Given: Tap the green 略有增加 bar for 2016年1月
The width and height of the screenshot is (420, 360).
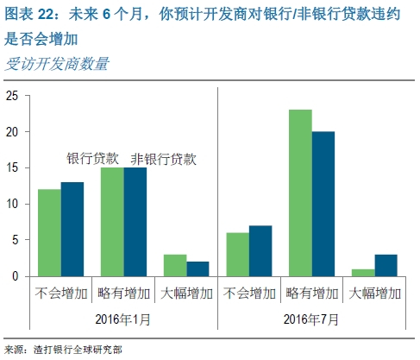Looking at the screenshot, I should pyautogui.click(x=112, y=222).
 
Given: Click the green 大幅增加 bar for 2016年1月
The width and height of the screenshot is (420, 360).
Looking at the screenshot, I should pyautogui.click(x=175, y=265).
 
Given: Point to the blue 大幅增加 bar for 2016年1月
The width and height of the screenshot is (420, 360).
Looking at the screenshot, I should pyautogui.click(x=198, y=268).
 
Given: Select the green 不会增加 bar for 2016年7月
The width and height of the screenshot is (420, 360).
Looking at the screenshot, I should pyautogui.click(x=237, y=255).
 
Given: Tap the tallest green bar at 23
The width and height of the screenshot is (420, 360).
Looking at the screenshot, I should pyautogui.click(x=300, y=193).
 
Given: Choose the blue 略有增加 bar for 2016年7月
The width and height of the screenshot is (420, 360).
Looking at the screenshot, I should pyautogui.click(x=323, y=204).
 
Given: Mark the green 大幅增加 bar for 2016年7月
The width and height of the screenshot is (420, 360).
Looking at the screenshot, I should pyautogui.click(x=363, y=272).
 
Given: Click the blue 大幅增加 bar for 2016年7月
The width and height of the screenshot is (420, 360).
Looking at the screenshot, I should pyautogui.click(x=386, y=265).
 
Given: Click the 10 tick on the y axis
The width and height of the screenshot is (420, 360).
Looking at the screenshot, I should pyautogui.click(x=11, y=204).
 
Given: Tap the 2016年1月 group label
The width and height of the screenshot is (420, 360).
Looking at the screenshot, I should pyautogui.click(x=123, y=318).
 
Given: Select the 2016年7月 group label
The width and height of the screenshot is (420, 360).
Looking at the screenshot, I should pyautogui.click(x=311, y=318).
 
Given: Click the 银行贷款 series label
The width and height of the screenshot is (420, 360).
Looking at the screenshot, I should pyautogui.click(x=96, y=158).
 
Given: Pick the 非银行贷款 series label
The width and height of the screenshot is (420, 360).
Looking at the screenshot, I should pyautogui.click(x=163, y=158).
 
